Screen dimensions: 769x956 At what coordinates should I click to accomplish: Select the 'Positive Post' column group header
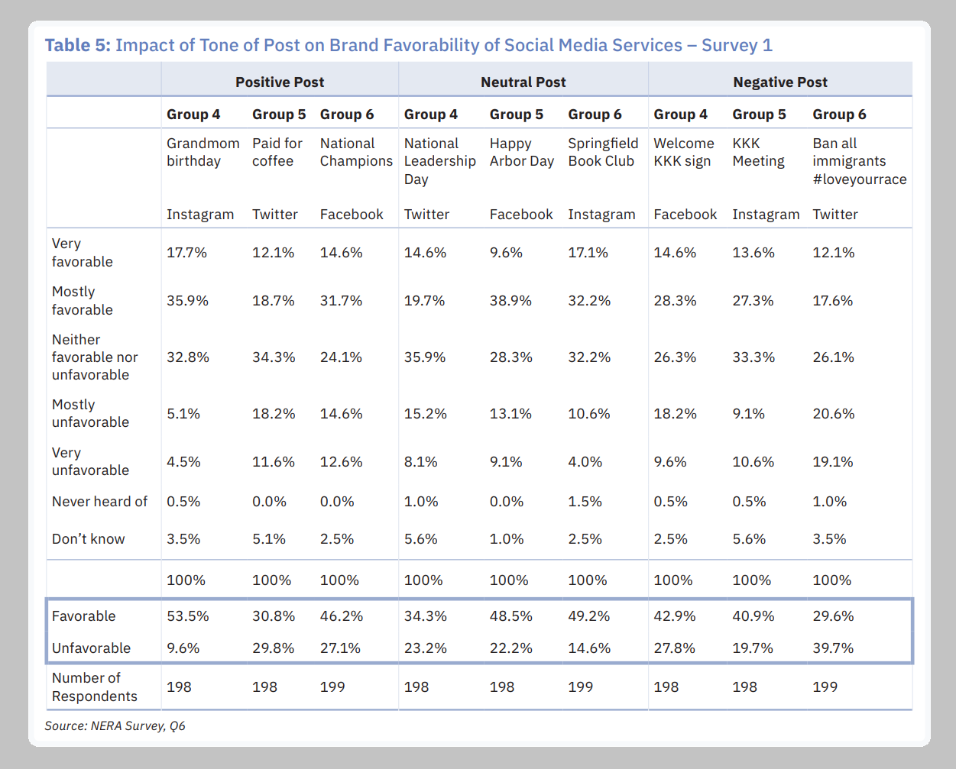[x=280, y=82]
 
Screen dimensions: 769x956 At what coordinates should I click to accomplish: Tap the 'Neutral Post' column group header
[x=523, y=82]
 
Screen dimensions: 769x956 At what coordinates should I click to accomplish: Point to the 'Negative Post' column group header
[x=780, y=82]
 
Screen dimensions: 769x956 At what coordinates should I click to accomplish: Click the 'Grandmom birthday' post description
[x=203, y=152]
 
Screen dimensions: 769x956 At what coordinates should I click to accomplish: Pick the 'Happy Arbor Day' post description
[x=521, y=152]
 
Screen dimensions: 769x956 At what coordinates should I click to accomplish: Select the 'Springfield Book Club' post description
[x=602, y=152]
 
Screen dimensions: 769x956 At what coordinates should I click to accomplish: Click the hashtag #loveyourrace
[x=859, y=179]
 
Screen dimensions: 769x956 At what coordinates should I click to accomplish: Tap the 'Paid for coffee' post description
[x=277, y=152]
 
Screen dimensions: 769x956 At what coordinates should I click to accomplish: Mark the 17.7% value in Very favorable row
[x=186, y=253]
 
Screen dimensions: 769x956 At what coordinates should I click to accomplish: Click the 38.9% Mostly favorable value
[x=510, y=301]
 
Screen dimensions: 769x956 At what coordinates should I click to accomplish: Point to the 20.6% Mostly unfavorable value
[x=833, y=414]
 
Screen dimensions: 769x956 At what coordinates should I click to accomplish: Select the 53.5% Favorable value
[x=187, y=616]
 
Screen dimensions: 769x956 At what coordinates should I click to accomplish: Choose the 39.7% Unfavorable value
[x=833, y=648]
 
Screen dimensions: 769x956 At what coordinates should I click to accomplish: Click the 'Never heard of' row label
[x=99, y=502]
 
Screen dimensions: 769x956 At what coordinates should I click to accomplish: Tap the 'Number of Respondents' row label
[x=94, y=687]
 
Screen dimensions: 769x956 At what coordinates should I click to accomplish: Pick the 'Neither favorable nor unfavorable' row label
[x=95, y=357]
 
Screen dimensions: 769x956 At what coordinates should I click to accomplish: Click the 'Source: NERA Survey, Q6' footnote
[x=115, y=725]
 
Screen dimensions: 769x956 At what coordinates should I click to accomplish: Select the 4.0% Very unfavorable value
[x=585, y=462]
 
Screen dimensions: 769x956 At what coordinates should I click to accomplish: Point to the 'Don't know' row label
[x=88, y=539]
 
